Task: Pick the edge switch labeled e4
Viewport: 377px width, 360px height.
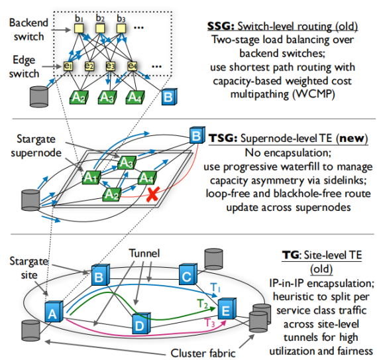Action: pyautogui.click(x=133, y=66)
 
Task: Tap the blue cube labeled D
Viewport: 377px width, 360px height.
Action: pyautogui.click(x=140, y=326)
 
